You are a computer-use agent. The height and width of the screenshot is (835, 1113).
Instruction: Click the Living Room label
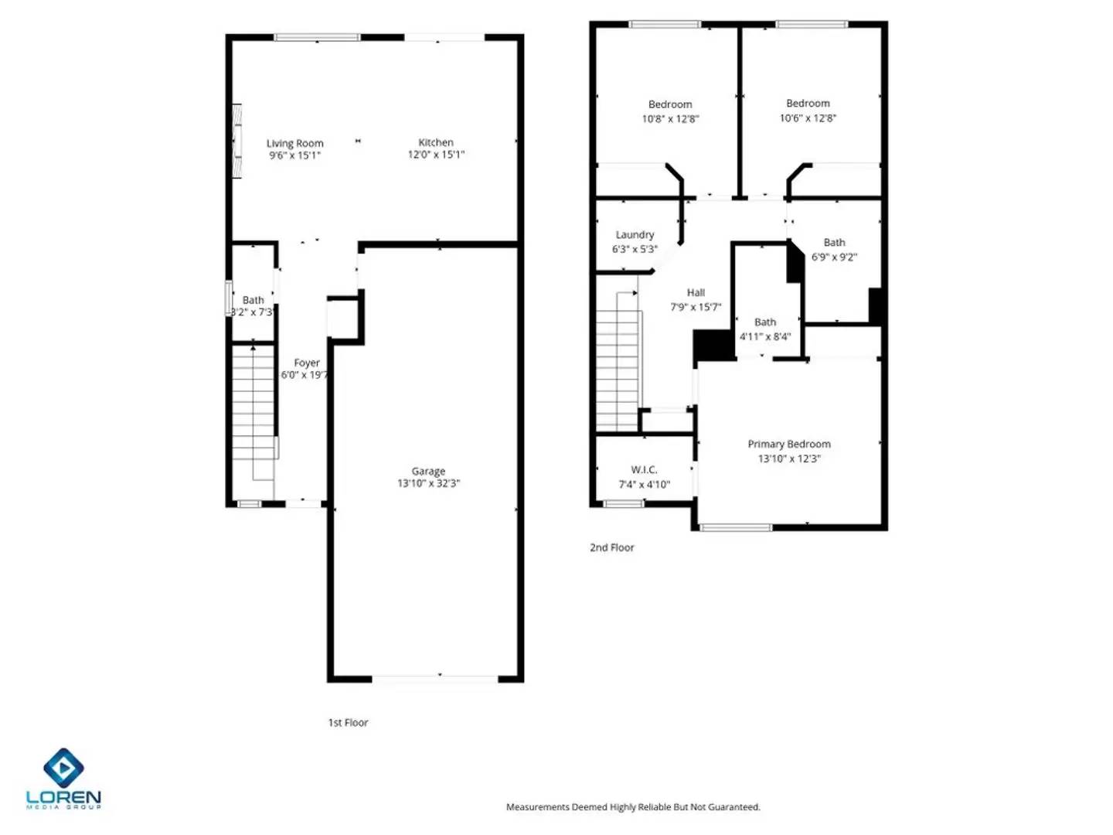pyautogui.click(x=294, y=143)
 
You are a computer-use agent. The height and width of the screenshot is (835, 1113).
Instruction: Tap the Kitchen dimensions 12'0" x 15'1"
pyautogui.click(x=436, y=155)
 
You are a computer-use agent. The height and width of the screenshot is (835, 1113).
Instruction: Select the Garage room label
pyautogui.click(x=428, y=471)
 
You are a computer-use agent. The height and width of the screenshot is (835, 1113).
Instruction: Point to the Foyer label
pyautogui.click(x=306, y=363)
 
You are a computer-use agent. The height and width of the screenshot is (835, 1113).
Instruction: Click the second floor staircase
pyautogui.click(x=618, y=363)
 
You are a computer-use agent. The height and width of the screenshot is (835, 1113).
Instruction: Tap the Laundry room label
pyautogui.click(x=635, y=234)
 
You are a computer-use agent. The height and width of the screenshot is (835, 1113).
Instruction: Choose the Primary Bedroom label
pyautogui.click(x=788, y=444)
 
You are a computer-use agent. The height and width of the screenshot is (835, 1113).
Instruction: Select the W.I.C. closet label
pyautogui.click(x=644, y=469)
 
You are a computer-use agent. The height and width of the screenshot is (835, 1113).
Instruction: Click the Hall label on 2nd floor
pyautogui.click(x=696, y=292)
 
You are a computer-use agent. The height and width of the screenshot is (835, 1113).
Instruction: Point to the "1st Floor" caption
pyautogui.click(x=348, y=722)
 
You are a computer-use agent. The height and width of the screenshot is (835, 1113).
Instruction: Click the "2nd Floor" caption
pyautogui.click(x=611, y=547)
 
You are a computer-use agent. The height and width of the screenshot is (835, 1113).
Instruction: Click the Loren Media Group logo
pyautogui.click(x=63, y=778)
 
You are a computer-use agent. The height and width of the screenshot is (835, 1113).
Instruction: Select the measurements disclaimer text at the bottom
pyautogui.click(x=633, y=806)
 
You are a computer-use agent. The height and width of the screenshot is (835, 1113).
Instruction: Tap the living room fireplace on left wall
pyautogui.click(x=237, y=141)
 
